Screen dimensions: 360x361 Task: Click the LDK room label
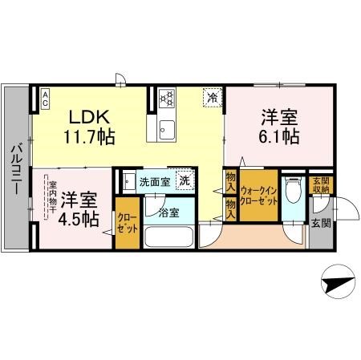(86, 115)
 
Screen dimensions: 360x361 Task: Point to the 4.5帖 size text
(79, 217)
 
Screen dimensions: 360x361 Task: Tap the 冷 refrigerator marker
(213, 96)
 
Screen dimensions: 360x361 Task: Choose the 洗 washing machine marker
(184, 181)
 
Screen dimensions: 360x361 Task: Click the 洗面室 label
(153, 182)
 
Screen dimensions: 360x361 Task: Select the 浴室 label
(168, 212)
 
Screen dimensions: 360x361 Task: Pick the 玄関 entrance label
(320, 223)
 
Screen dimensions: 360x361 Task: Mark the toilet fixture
(294, 192)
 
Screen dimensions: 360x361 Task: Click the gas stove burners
(168, 98)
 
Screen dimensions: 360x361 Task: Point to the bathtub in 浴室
(168, 239)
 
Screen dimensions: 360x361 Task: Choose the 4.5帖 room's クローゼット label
(127, 222)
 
